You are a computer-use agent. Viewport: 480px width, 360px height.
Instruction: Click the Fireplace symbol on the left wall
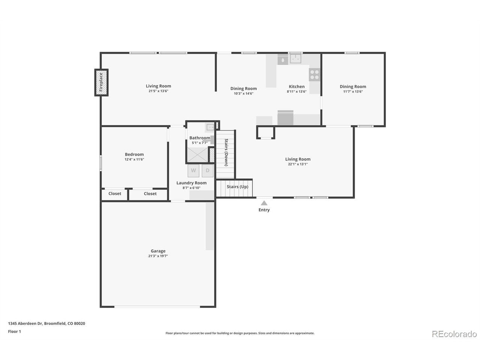[101, 82]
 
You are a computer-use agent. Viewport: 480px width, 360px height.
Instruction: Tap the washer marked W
[193, 171]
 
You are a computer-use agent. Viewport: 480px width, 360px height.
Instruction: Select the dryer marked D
[207, 171]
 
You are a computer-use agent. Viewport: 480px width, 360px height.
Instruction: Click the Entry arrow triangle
[264, 203]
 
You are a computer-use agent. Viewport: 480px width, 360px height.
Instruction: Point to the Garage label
[158, 251]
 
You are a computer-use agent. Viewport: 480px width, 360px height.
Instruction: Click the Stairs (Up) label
[237, 187]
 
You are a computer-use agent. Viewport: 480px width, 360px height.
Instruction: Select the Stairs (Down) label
[226, 152]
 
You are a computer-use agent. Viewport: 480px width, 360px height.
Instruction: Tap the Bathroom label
[199, 138]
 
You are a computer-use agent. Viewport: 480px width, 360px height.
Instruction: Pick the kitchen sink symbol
[295, 58]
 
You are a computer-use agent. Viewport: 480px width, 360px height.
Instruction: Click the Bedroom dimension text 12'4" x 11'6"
[134, 159]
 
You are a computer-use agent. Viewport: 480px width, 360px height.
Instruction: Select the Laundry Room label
[191, 183]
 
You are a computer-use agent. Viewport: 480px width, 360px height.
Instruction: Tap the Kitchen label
[297, 87]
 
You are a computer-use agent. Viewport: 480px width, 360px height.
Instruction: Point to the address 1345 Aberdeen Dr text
[25, 324]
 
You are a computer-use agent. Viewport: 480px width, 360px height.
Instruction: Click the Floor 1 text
[14, 331]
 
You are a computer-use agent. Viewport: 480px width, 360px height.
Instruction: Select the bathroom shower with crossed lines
[198, 155]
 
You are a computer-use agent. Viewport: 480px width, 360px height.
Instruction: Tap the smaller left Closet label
[115, 193]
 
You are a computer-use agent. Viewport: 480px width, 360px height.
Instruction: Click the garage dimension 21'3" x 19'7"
[158, 256]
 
